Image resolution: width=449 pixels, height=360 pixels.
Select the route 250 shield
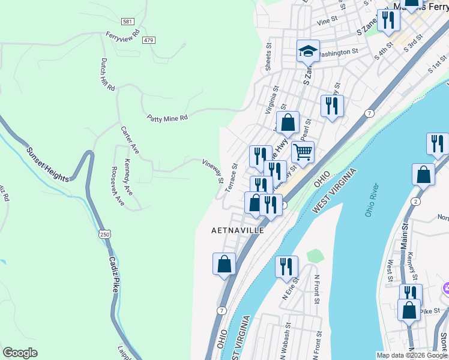tap(105, 235)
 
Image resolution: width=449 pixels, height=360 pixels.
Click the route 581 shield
tap(127, 21)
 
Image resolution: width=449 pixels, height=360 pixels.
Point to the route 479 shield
tap(149, 40)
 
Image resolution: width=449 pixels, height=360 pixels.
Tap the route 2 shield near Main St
tap(415, 202)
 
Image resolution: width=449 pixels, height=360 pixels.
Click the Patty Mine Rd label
tap(167, 118)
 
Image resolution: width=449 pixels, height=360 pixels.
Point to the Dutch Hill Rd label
tap(107, 74)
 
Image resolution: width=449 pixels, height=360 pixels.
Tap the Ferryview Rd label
tap(122, 36)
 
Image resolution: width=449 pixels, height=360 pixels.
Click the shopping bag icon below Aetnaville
tap(224, 264)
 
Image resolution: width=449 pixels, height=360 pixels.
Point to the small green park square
tap(315, 256)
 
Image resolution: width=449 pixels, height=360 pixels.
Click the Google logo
tap(20, 353)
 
